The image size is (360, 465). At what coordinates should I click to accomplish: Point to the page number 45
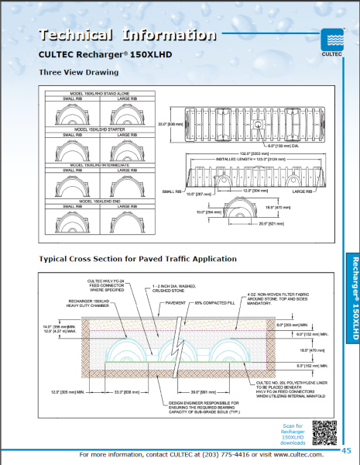[x=346, y=450]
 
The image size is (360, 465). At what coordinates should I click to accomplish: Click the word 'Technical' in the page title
[x=74, y=34]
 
